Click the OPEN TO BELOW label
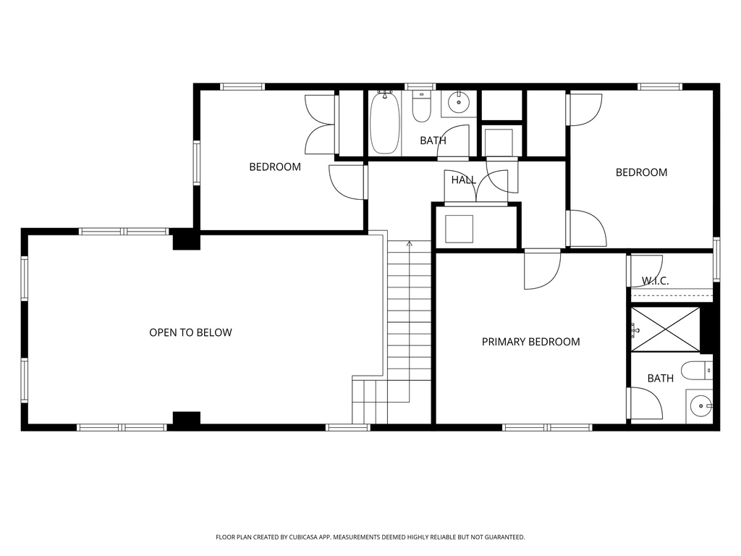tap(190, 333)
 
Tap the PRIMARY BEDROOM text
tap(530, 342)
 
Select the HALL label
tap(463, 180)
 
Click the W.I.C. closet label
tap(655, 281)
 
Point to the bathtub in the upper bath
tap(384, 124)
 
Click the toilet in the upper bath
tap(422, 108)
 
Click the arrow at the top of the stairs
tap(410, 244)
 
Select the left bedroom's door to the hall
tap(347, 181)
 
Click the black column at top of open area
tap(186, 240)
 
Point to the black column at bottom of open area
tap(186, 418)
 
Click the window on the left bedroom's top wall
tap(242, 87)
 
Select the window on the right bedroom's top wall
tap(659, 87)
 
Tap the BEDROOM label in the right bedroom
tap(641, 172)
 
